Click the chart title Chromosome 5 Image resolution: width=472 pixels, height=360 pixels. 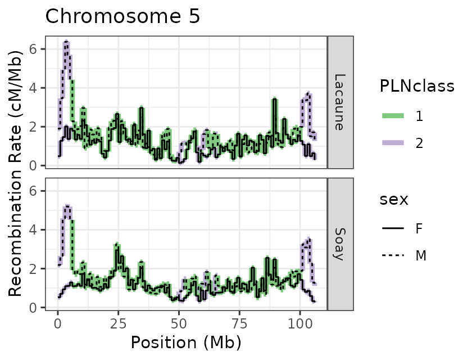122,16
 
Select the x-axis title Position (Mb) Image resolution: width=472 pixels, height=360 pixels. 186,342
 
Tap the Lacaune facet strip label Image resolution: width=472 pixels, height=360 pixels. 339,102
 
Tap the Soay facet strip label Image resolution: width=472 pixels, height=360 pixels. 339,244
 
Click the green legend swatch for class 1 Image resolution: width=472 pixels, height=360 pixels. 394,116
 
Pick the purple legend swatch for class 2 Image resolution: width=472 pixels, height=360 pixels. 394,143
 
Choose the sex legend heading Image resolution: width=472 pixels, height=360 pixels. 394,200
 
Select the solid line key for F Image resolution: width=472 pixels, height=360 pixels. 394,229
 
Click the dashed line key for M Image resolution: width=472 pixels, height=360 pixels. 394,256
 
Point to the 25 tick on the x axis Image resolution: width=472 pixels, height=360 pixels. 118,323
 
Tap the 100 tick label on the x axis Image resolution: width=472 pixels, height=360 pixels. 299,323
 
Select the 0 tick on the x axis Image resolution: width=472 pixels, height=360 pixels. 58,323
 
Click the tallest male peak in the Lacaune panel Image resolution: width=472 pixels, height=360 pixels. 66,42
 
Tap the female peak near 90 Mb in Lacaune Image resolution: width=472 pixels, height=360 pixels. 274,99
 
